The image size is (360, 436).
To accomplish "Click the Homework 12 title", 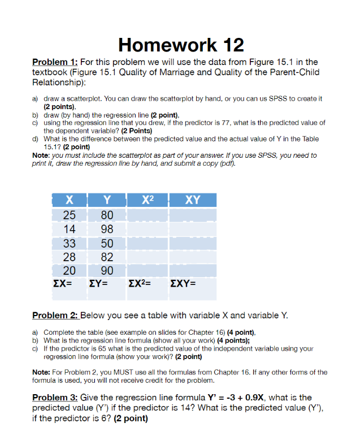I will pos(180,44).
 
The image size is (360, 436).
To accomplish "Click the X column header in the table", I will pos(69,200).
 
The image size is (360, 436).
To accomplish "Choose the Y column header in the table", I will pos(106,200).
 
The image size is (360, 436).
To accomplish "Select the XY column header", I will pos(192,200).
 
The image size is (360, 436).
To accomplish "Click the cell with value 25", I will pos(69,215).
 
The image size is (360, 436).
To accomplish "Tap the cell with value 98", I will pos(106,229).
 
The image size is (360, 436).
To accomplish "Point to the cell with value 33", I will pos(69,244).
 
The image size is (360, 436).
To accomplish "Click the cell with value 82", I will pos(106,258).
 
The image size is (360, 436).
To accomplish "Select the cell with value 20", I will pos(69,271).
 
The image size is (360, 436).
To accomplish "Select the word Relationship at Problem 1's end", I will pos(59,83).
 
